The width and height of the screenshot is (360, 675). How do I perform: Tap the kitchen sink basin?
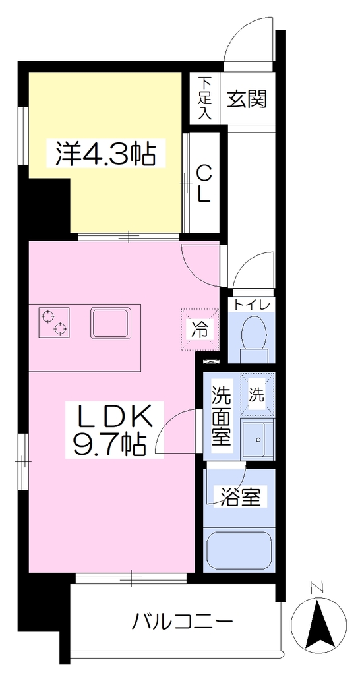[110, 322]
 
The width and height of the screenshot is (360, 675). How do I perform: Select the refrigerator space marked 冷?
[199, 330]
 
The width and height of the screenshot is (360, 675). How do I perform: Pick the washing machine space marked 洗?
[257, 394]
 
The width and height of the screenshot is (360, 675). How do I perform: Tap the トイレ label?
[252, 305]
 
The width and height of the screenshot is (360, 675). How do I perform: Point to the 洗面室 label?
[222, 416]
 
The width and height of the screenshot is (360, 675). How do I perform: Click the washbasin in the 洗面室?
[258, 440]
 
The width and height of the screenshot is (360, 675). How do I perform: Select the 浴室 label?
[241, 497]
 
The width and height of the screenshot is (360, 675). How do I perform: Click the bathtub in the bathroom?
[239, 550]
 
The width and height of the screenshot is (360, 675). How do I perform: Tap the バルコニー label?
[182, 622]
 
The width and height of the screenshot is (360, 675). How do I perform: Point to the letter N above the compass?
[318, 587]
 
